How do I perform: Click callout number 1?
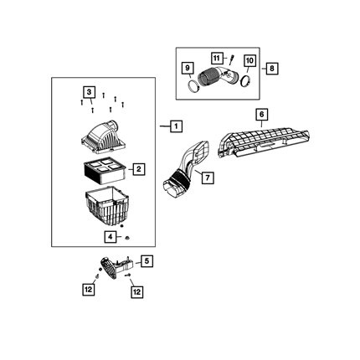point(176,126)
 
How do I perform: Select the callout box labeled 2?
point(139,169)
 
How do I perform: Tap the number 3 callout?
point(89,92)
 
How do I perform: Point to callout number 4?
point(111,237)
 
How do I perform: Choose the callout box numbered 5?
point(147,261)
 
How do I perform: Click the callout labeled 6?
point(261,115)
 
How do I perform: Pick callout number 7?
point(208,177)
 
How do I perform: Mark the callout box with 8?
point(272,68)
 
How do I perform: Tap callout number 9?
point(188,68)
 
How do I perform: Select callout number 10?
point(249,60)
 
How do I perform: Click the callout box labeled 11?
point(217,59)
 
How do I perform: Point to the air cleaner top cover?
point(102,138)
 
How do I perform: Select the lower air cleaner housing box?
point(107,207)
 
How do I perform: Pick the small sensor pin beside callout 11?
point(231,60)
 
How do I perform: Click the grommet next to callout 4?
point(127,238)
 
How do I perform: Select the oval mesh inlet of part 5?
point(108,268)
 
